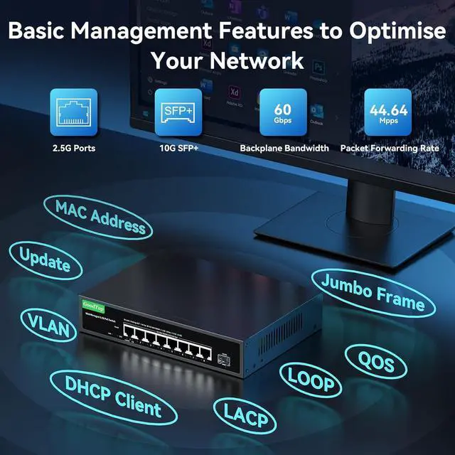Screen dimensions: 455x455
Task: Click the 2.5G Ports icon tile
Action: point(74,112)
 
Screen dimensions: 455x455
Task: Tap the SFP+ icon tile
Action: point(178,112)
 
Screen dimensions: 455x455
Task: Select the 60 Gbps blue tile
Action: point(284,112)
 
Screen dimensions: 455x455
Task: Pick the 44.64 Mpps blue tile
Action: point(388,112)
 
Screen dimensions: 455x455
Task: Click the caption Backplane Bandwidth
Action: point(284,149)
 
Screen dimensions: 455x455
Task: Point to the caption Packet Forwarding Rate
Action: point(388,149)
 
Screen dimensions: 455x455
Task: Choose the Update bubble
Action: point(44,260)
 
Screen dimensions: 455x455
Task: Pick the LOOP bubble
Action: point(310,378)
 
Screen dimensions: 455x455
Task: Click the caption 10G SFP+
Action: point(178,149)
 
